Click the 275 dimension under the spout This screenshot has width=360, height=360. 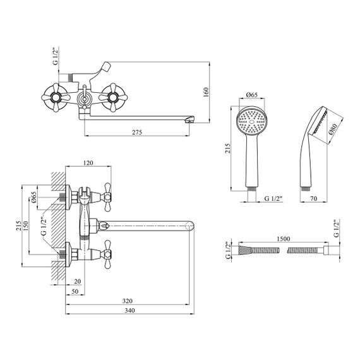137,132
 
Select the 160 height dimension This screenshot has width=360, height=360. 206,92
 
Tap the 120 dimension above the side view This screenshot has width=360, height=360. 88,163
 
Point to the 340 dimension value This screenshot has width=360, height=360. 129,311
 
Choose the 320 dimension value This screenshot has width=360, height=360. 128,301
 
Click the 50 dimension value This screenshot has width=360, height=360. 75,291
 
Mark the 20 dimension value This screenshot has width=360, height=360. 78,281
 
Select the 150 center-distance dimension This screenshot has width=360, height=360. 25,226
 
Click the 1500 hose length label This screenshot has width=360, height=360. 283,239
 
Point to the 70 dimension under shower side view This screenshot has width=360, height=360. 314,198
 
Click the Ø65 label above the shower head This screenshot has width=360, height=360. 252,95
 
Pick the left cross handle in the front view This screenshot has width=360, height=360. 56,97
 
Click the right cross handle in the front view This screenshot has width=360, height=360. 113,97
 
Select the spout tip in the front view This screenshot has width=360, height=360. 190,119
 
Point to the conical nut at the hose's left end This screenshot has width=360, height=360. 245,250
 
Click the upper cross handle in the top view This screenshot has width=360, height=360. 107,197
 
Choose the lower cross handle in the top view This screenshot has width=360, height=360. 107,255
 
